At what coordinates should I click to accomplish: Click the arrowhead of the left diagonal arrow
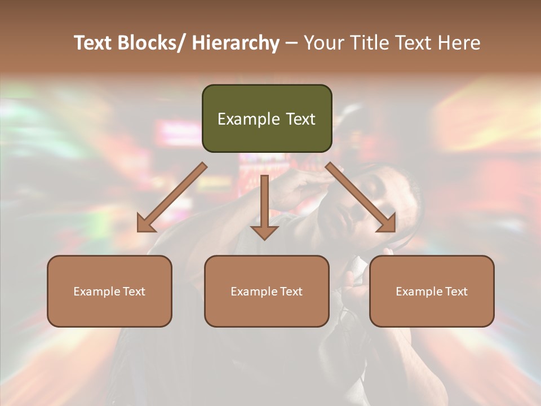pos(146,224)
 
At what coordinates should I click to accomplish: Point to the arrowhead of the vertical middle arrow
pos(264,232)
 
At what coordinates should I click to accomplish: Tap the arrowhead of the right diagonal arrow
pos(386,223)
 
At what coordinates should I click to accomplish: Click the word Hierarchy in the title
pos(235,43)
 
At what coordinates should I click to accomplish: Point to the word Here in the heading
pos(459,43)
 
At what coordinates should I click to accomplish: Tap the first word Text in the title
pos(94,43)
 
